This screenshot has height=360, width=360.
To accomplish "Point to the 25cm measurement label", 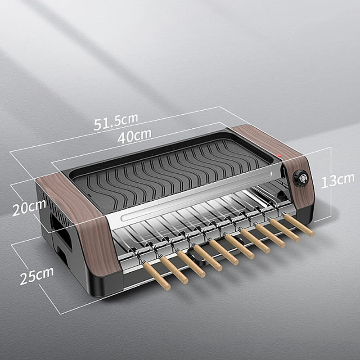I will click(x=36, y=275).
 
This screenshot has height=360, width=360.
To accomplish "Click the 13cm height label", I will click(x=337, y=180).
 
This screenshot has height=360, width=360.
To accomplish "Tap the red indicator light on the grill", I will click(x=279, y=157).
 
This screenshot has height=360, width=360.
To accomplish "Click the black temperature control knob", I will click(x=300, y=178).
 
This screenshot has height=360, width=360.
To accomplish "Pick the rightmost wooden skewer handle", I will click(x=299, y=225).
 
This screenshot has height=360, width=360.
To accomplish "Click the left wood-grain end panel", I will click(x=83, y=225).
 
